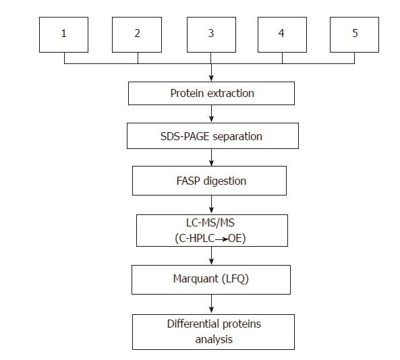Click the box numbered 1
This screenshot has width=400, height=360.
65,34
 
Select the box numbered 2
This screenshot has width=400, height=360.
138,34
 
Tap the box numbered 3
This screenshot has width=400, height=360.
211,34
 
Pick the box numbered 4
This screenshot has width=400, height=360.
282,34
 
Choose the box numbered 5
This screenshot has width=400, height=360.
355,34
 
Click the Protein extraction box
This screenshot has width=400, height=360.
211,93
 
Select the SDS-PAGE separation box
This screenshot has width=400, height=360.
211,136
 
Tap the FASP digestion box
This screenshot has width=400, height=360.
209,181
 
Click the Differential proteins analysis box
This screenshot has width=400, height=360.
213,331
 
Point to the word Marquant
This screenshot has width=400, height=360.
193,278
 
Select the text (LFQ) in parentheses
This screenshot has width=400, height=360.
234,278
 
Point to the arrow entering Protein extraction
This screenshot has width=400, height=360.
212,73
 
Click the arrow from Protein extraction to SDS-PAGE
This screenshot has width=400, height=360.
212,115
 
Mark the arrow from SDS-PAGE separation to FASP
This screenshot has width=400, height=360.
212,158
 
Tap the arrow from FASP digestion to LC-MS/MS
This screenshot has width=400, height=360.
212,204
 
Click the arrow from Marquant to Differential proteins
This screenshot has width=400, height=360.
212,303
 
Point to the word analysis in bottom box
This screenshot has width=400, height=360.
213,339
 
